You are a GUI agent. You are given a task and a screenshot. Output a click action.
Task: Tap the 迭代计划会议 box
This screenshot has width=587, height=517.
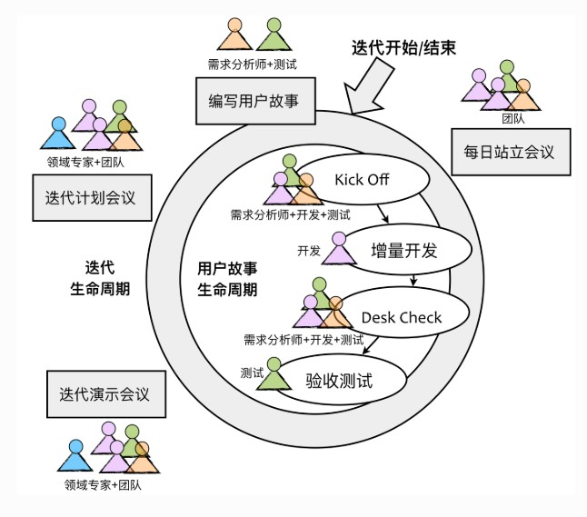tap(91, 197)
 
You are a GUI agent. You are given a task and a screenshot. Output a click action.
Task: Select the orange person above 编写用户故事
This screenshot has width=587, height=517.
tap(234, 36)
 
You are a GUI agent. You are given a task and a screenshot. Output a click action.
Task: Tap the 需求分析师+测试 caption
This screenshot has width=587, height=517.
tap(251, 65)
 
